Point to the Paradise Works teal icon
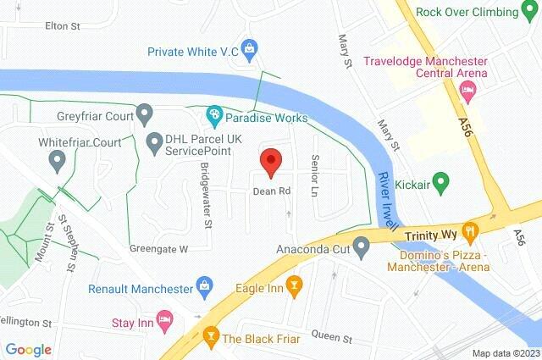pos(215,114)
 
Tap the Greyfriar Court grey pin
pos(145,113)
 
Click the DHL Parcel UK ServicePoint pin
pos(153,141)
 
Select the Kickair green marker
pos(440,182)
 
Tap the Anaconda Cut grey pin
pos(362,249)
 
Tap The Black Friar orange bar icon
pos(210,338)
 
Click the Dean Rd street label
pos(272,191)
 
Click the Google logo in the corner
pos(28,349)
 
